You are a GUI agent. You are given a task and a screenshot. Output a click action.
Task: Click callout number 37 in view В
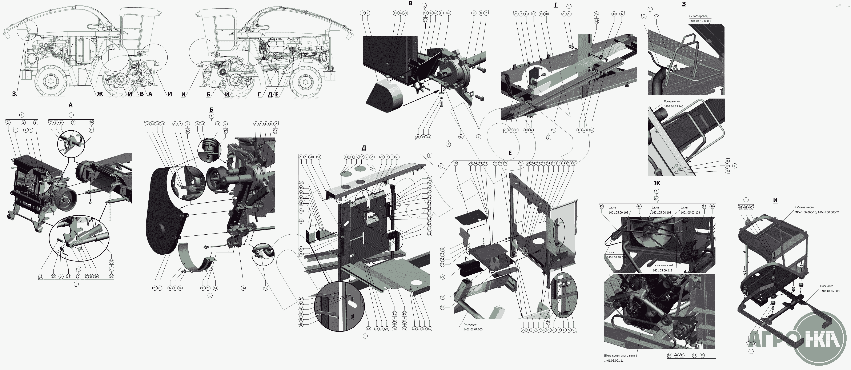click(x=362, y=13)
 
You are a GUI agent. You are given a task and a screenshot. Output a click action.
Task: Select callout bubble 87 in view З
click(x=656, y=17)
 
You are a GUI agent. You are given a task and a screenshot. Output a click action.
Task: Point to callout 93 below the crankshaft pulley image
click(x=670, y=355)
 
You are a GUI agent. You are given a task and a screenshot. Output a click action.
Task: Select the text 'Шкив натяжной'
click(x=662, y=266)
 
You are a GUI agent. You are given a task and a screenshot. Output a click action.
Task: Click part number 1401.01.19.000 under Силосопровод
click(x=699, y=21)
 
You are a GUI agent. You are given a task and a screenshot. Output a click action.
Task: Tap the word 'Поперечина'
click(x=672, y=102)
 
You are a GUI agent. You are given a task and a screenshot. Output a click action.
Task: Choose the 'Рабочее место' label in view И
click(x=804, y=208)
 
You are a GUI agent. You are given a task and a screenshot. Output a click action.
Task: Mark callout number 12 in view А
click(x=41, y=276)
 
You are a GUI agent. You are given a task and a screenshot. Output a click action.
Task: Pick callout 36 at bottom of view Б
click(x=243, y=288)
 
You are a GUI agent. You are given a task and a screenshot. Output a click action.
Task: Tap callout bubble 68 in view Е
click(x=455, y=163)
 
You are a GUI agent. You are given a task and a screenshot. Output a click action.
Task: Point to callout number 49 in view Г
click(x=553, y=130)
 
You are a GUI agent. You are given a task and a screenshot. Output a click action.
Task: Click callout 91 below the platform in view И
click(x=748, y=353)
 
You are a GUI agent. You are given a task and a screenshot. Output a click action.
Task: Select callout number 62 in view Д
click(x=368, y=329)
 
